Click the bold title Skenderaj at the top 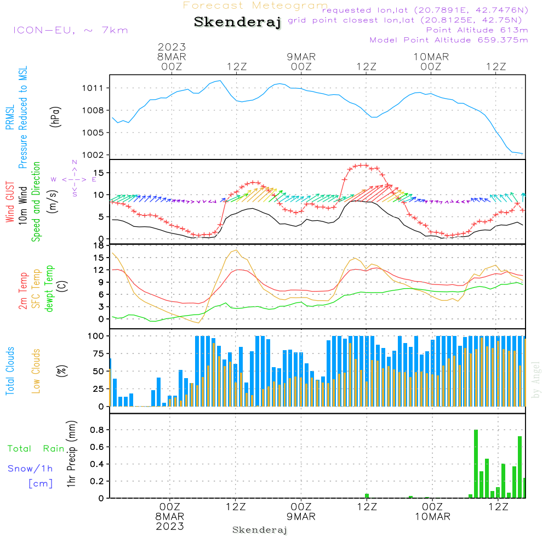click(x=237, y=22)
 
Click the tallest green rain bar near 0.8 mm click(x=476, y=464)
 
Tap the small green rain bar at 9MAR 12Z click(x=367, y=496)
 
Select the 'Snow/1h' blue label click(x=30, y=469)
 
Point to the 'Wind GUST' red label click(x=10, y=203)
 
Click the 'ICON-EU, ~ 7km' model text click(x=70, y=30)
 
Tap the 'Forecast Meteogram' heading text click(x=255, y=5)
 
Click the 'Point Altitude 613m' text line click(x=477, y=30)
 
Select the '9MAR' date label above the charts click(x=301, y=56)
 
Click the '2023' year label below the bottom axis click(x=170, y=526)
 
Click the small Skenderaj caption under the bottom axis click(x=260, y=530)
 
